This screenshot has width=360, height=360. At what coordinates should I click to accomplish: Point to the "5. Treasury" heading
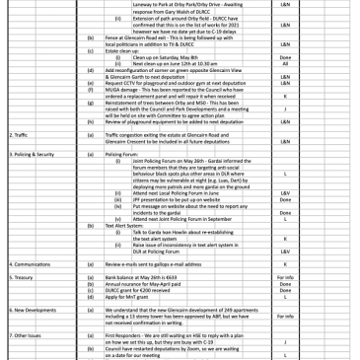point(21,278)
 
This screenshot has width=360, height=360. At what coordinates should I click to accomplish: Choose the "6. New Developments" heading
point(32,309)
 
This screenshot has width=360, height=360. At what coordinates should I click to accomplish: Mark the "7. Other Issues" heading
point(26,335)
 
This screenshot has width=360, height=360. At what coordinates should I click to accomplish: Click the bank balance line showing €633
point(142,278)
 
